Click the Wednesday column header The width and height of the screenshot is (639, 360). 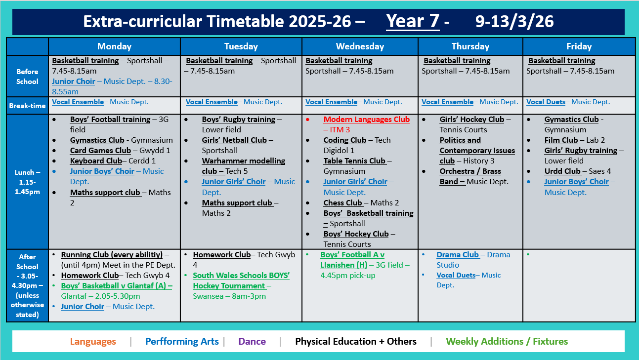point(360,46)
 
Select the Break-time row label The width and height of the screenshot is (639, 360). point(27,106)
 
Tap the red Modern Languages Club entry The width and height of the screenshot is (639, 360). point(366,120)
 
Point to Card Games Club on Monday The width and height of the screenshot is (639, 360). point(100,151)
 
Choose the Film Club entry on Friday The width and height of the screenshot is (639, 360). point(561,140)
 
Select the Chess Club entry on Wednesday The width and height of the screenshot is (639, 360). point(343,203)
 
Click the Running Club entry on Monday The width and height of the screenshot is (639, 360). point(112,255)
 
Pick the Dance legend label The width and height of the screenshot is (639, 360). point(252,342)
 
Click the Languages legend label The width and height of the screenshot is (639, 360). point(93,342)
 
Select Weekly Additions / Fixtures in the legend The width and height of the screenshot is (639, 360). point(507,342)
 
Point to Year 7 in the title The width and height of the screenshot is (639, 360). point(413,22)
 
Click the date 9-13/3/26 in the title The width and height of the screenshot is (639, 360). point(514,22)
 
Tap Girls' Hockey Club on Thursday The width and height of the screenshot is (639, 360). point(471,120)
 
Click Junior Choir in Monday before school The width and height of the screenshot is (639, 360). point(73,81)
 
